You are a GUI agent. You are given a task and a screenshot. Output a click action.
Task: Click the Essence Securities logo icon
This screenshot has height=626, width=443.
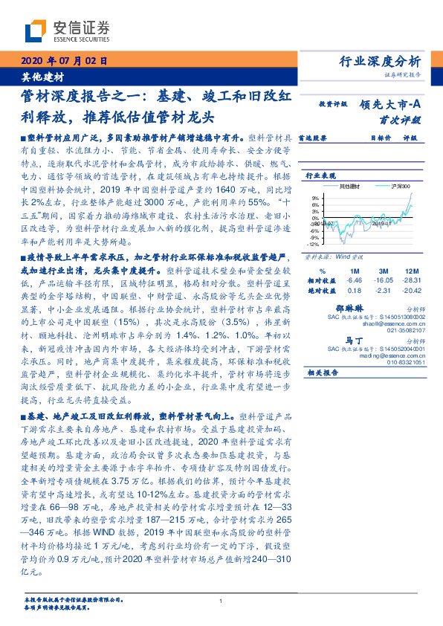(x=35, y=31)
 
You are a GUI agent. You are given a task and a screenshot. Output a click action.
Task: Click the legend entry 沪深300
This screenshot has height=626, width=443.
(x=392, y=185)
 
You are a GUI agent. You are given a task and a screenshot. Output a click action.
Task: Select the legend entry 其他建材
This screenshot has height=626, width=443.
(x=349, y=185)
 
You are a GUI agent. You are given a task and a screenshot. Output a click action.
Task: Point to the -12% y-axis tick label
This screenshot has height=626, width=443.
(x=314, y=243)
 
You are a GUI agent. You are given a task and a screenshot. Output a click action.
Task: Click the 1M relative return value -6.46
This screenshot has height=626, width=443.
(x=355, y=280)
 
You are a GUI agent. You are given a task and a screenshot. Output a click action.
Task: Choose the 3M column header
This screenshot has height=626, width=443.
(x=384, y=271)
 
